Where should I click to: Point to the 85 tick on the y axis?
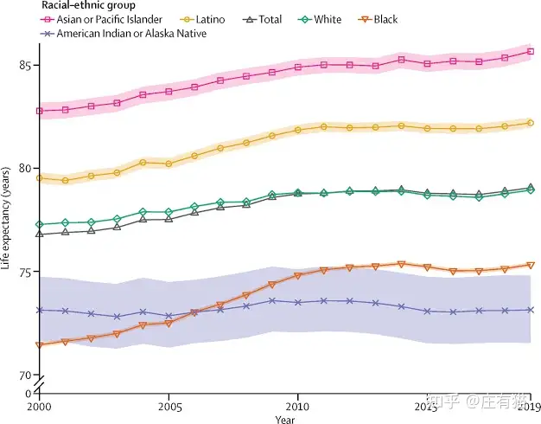click(27, 66)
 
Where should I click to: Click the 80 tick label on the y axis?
click(27, 169)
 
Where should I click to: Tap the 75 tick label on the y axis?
click(27, 272)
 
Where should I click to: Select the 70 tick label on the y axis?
click(27, 376)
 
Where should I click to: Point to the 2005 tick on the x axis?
click(169, 405)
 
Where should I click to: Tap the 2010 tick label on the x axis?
click(298, 405)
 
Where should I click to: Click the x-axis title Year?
click(285, 419)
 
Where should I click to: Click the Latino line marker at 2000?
click(40, 178)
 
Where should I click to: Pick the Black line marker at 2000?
click(40, 345)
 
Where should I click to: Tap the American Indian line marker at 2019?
click(530, 310)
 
